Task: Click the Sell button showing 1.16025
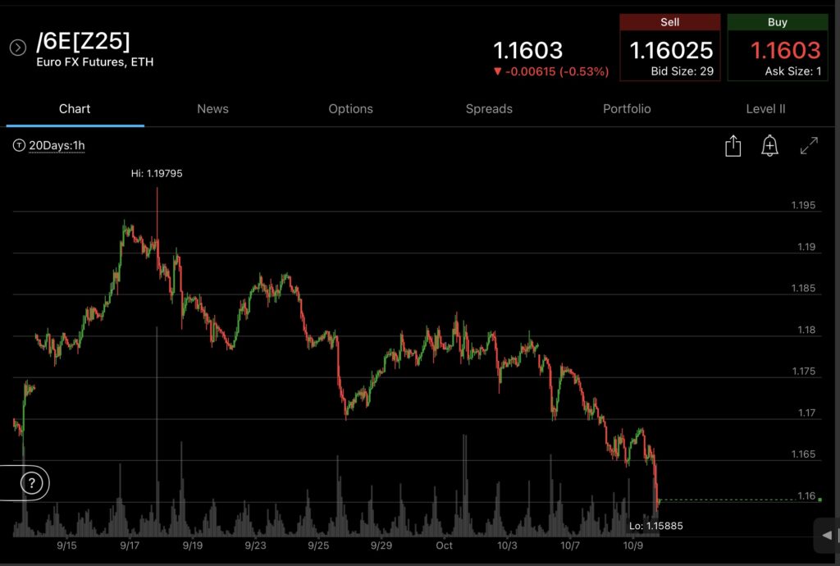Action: [x=670, y=48]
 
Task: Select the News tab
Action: [x=212, y=109]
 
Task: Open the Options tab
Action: [x=350, y=109]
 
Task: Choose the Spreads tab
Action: [x=489, y=109]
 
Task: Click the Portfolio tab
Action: [x=627, y=109]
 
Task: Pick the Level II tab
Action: [x=765, y=109]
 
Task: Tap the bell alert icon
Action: [x=769, y=146]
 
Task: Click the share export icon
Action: [x=733, y=146]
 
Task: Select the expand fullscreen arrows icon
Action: [x=809, y=146]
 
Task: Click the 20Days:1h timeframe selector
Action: [x=50, y=146]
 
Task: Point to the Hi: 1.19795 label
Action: [x=151, y=173]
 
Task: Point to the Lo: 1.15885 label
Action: [x=655, y=526]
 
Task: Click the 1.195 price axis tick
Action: [x=803, y=205]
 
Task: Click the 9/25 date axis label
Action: [x=318, y=545]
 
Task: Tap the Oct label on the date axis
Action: [x=444, y=545]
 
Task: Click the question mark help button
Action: [x=31, y=483]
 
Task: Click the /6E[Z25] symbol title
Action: [x=83, y=41]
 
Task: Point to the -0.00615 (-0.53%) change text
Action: [x=551, y=72]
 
